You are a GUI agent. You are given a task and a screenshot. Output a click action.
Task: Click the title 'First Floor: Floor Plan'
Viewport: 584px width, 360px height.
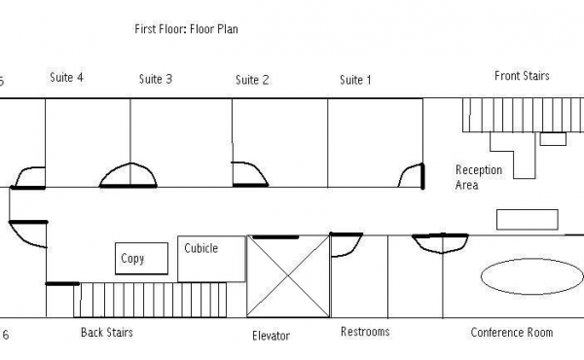pyautogui.click(x=186, y=29)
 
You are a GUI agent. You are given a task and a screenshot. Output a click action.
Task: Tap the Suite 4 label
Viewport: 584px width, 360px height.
pyautogui.click(x=66, y=78)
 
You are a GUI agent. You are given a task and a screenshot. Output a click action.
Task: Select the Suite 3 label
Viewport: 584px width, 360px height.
pyautogui.click(x=156, y=79)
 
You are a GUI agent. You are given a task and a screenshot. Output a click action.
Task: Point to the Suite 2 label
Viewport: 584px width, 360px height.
pyautogui.click(x=252, y=80)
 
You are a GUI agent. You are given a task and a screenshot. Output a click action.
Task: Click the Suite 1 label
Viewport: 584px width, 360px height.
pyautogui.click(x=355, y=80)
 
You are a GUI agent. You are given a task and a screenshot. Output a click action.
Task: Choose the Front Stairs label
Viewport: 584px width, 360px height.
pyautogui.click(x=522, y=76)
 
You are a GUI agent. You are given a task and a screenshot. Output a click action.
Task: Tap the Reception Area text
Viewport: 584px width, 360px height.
pyautogui.click(x=479, y=177)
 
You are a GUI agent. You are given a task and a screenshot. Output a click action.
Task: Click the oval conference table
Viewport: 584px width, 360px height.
pyautogui.click(x=531, y=276)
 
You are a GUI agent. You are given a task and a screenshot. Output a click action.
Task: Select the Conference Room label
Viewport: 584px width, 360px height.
pyautogui.click(x=512, y=332)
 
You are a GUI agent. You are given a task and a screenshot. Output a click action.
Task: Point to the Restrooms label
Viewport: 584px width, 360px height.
pyautogui.click(x=365, y=332)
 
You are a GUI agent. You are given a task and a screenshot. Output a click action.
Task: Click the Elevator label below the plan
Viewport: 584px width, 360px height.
pyautogui.click(x=271, y=336)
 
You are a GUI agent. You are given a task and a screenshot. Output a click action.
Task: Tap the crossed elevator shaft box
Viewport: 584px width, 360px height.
pyautogui.click(x=288, y=276)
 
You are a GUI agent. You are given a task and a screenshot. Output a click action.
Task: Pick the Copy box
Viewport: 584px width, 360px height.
pyautogui.click(x=141, y=259)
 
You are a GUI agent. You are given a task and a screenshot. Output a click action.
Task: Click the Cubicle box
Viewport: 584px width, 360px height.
pyautogui.click(x=211, y=259)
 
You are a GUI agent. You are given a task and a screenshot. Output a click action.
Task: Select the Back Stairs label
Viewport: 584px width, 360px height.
pyautogui.click(x=107, y=332)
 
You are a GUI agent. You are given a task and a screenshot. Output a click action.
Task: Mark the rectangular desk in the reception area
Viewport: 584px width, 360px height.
pyautogui.click(x=528, y=220)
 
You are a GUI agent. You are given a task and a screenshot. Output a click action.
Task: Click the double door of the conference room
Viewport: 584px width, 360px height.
pyautogui.click(x=441, y=243)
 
